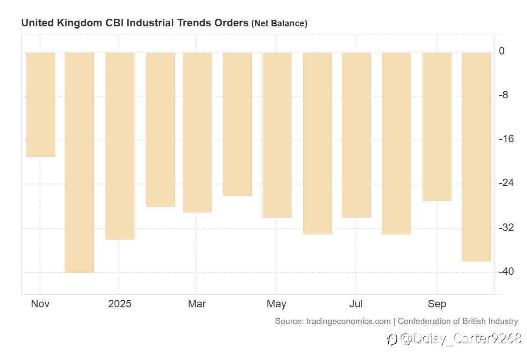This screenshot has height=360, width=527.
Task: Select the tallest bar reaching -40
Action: pos(79,162)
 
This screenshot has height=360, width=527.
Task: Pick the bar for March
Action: pos(197,132)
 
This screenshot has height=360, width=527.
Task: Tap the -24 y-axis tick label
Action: pos(506,183)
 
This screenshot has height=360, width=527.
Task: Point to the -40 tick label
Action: pos(506,271)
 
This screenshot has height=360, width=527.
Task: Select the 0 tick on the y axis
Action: pos(502,51)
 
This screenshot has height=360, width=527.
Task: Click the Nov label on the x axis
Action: pos(40,304)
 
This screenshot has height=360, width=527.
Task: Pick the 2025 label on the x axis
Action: pos(120,304)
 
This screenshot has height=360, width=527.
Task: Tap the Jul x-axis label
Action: pos(356,304)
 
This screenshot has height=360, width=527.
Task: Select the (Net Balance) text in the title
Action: pos(279,23)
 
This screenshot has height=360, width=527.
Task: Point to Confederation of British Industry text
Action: pos(458,321)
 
